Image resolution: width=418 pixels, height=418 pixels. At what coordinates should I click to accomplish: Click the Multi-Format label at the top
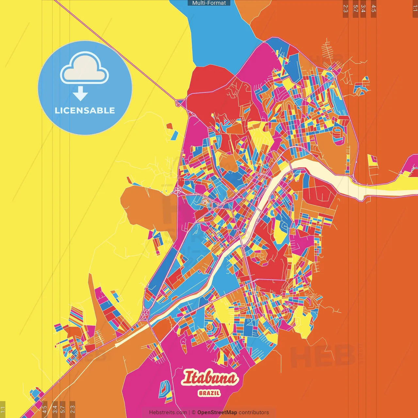[209, 3]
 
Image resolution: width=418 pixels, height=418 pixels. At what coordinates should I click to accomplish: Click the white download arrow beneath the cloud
[80, 94]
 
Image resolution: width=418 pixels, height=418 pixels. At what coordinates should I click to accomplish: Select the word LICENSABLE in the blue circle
[85, 110]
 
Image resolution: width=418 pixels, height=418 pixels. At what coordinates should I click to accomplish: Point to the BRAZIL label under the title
[209, 393]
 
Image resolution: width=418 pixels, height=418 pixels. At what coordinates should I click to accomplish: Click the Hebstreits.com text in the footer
[168, 412]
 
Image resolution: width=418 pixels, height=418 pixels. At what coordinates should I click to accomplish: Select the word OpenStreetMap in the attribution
[217, 412]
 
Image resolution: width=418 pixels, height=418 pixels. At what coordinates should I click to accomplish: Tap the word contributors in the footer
[254, 412]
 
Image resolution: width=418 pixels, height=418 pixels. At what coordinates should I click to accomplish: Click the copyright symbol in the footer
[194, 412]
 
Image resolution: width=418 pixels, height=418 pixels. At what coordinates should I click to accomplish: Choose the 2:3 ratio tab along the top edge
[346, 8]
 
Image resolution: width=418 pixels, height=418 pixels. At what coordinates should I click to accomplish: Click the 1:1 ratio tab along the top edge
[415, 8]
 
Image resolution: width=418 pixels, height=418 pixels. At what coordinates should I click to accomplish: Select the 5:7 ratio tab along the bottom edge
[63, 409]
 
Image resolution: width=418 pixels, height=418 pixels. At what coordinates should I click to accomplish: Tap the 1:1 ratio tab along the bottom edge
[3, 410]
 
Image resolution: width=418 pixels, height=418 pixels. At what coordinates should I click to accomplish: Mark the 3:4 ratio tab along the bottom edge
[55, 409]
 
